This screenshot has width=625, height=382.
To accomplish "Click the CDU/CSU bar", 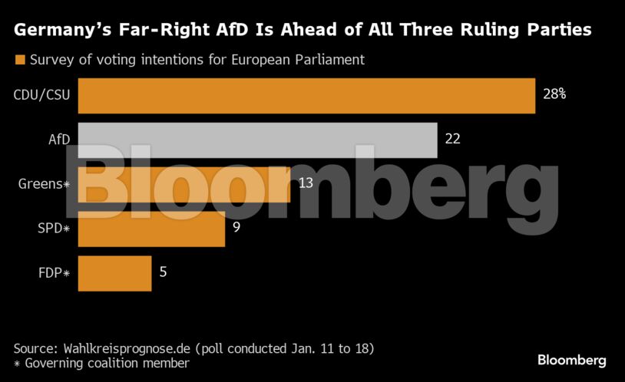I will pos(306,95).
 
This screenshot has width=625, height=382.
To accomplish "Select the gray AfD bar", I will pos(258,140).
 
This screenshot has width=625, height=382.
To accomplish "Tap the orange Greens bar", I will pos(184,184).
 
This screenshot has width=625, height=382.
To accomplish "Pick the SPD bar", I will pos(151,229).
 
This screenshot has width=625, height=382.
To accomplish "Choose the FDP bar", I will pos(115,273).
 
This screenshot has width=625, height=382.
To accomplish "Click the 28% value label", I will pos(554,94).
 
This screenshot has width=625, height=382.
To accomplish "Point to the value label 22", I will pos(452,139).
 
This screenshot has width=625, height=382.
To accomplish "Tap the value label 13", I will pos(306,183).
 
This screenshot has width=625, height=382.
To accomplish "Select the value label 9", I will pos(236,227).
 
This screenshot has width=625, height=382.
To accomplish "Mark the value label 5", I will pos(163,272).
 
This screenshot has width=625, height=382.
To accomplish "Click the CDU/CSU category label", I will pos(42,95).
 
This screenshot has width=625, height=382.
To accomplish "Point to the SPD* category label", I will pos(51,229).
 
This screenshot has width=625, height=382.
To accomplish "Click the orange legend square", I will pos(21,59).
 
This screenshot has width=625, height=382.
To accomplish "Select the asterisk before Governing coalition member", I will pos(18,363).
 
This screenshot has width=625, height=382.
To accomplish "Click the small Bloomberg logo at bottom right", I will pos(571,360).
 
